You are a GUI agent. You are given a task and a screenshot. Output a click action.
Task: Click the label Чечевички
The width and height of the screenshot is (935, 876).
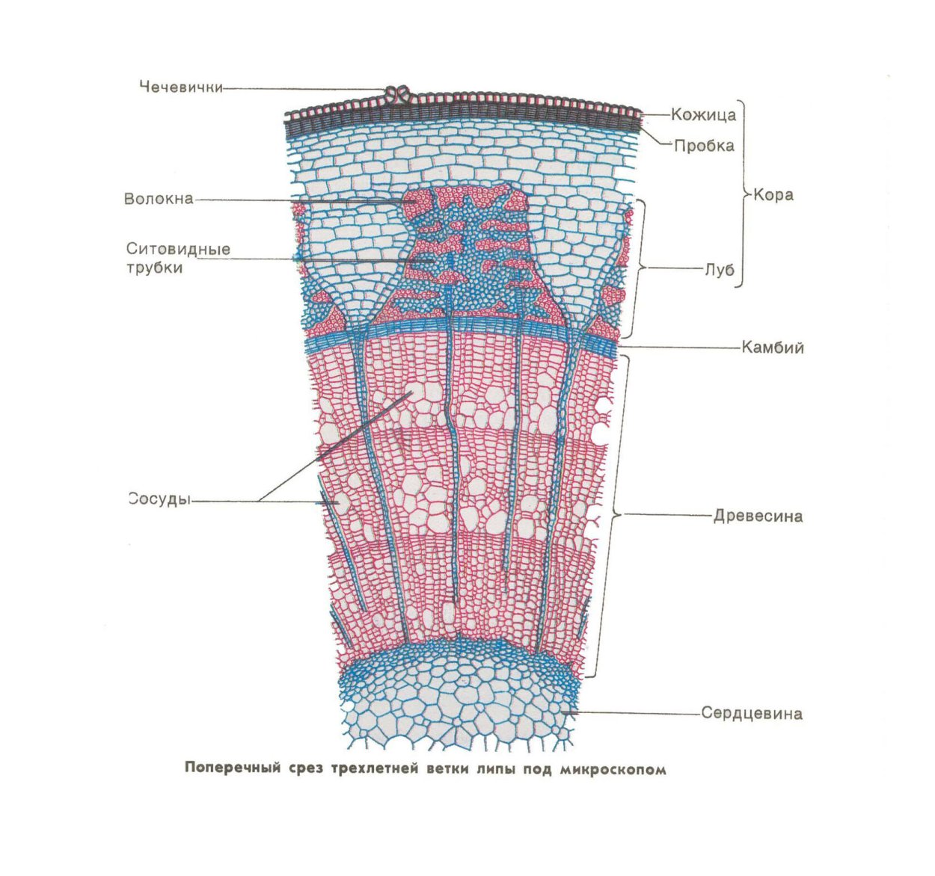pos(181,87)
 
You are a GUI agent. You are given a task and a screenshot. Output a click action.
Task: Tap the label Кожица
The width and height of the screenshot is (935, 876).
pos(703,114)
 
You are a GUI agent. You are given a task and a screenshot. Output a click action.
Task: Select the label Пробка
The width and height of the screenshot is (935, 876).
pos(704,146)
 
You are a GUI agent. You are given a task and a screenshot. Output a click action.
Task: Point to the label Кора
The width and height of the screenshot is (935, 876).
pos(773,195)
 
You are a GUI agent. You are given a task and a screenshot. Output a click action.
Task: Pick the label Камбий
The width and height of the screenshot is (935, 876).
pos(773,348)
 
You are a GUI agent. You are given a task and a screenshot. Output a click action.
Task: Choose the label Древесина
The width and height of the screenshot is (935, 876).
pos(758,516)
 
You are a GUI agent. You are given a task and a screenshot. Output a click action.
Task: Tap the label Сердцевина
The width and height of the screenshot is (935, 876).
pos(752,713)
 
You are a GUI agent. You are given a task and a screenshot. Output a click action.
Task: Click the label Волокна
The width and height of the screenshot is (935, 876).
pos(159,199)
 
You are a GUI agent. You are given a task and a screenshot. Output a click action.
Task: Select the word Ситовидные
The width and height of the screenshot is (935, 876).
pos(178,249)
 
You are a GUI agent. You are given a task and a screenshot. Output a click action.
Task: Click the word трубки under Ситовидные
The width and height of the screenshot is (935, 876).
pos(154,267)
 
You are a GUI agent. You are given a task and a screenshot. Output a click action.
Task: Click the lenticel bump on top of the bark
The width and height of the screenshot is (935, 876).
pos(398,94)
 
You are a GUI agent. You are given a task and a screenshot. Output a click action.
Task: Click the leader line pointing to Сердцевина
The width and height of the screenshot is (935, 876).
pos(636,713)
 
